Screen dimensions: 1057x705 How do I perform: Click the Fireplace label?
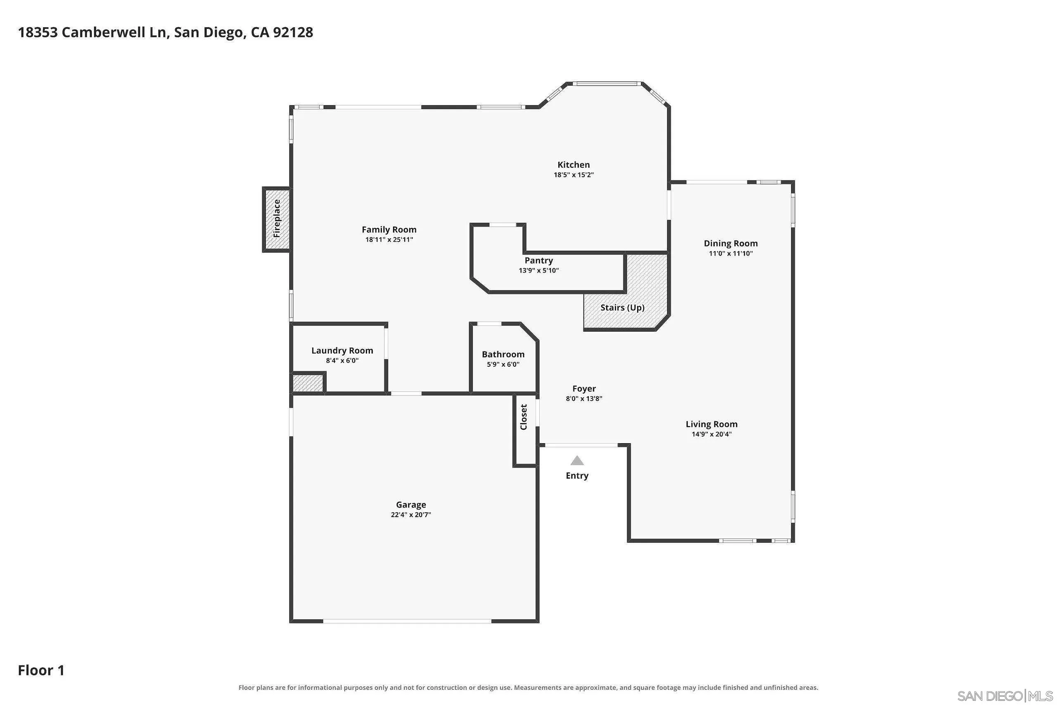[277, 218]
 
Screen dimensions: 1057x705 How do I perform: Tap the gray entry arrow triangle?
[577, 461]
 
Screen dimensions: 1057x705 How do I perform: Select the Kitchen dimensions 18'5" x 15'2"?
[574, 175]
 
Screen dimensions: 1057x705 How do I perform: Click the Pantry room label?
[539, 260]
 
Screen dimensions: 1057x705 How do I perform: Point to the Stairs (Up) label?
[622, 308]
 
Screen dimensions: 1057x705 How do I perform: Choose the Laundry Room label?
[342, 351]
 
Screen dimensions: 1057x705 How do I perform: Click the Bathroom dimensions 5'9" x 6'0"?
[503, 365]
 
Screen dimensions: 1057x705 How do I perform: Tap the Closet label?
[524, 417]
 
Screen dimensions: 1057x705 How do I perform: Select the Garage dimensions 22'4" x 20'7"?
[411, 515]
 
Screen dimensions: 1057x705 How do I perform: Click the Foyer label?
[584, 389]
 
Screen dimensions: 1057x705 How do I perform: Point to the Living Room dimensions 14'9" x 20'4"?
[712, 434]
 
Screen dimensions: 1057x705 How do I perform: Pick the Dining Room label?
[731, 244]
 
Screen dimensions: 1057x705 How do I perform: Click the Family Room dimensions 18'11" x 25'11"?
[389, 240]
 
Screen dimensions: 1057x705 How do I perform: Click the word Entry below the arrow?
[577, 476]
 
